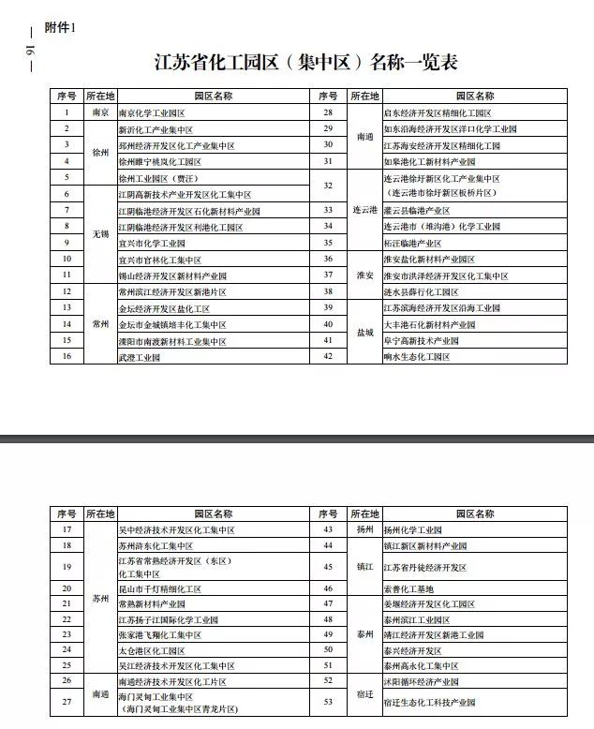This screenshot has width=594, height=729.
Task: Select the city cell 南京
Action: (x=100, y=112)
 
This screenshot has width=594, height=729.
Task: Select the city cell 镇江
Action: (x=364, y=567)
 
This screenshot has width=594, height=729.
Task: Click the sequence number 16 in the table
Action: (x=67, y=357)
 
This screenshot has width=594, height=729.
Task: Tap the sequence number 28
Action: (x=328, y=112)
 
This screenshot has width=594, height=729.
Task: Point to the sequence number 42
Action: (x=328, y=357)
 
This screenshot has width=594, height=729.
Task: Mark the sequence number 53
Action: (x=328, y=702)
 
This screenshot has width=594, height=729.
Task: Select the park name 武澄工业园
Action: (x=140, y=358)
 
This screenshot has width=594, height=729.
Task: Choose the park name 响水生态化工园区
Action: (x=420, y=358)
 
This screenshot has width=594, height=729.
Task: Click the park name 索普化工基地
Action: (x=410, y=588)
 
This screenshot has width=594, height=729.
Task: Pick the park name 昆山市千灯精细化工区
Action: (x=161, y=588)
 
